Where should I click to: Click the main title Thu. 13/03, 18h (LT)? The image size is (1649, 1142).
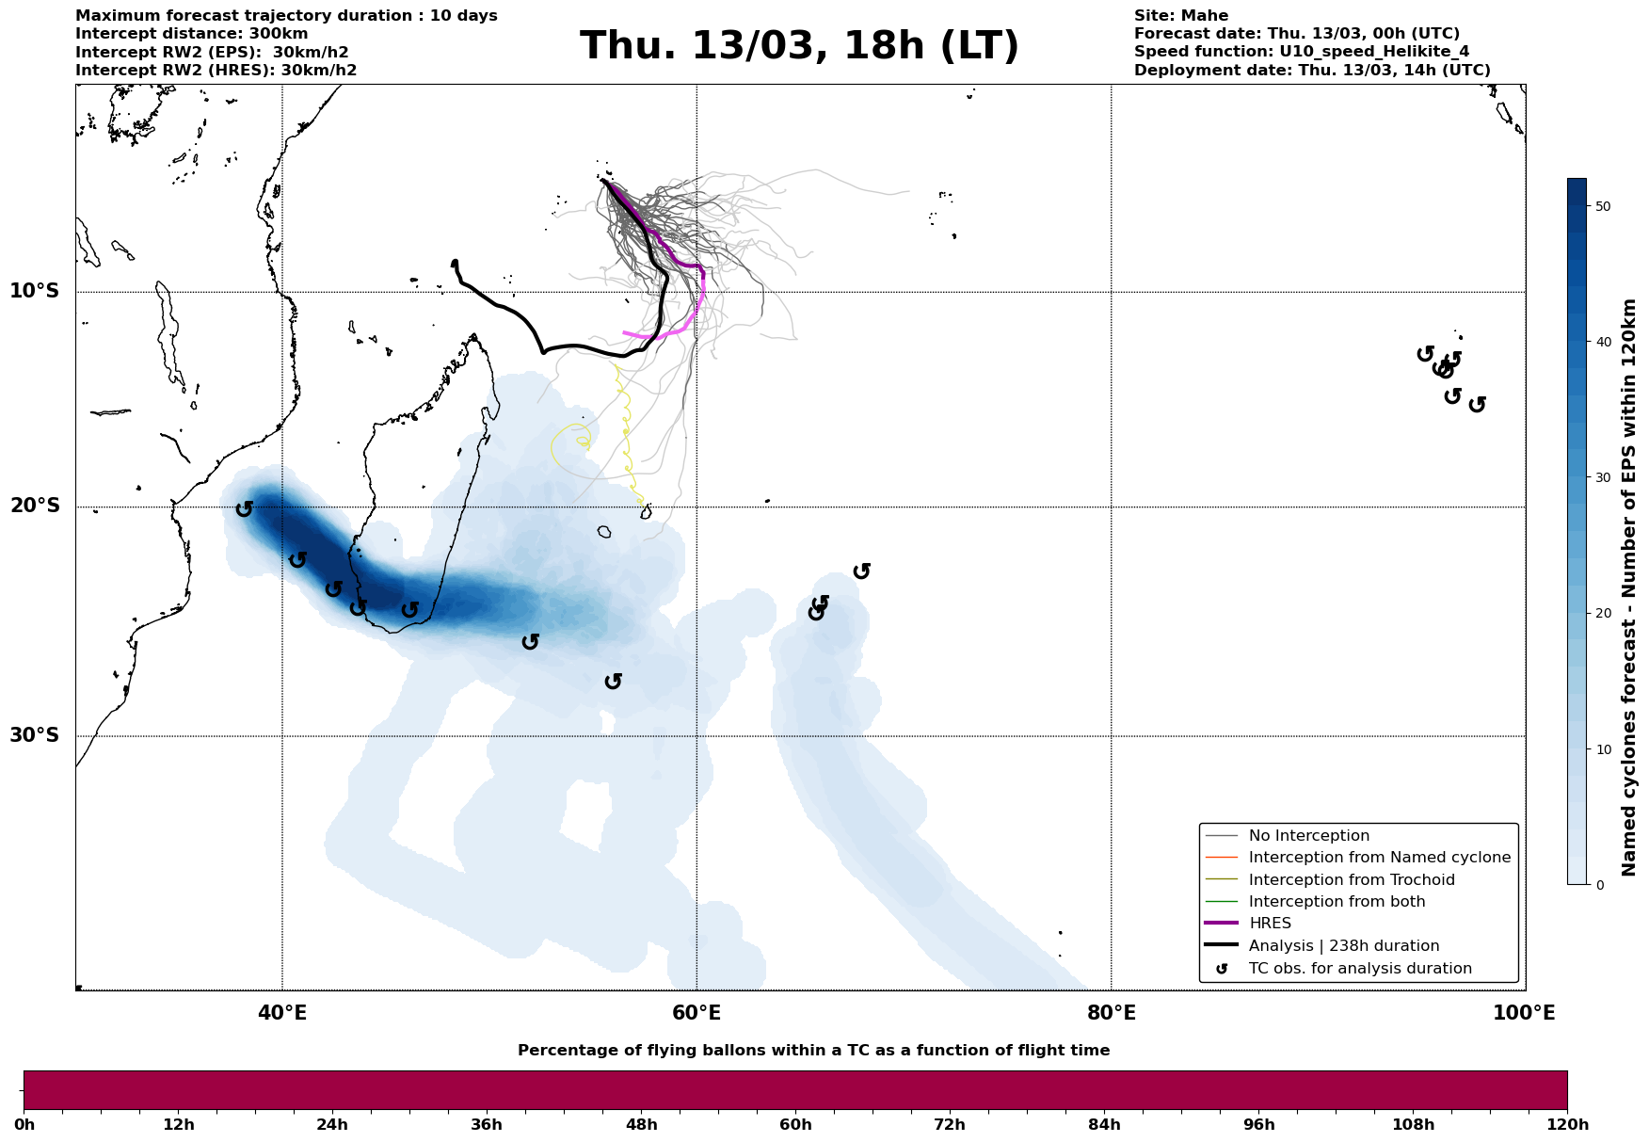(799, 46)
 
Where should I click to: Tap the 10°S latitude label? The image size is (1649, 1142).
(35, 291)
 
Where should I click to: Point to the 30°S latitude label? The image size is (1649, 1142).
(35, 735)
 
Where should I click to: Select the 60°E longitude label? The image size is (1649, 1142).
(696, 1014)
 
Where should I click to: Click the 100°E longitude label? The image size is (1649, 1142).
(1524, 1014)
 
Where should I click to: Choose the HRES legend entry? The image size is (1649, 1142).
(1270, 924)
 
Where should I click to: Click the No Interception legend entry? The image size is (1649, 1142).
(1308, 836)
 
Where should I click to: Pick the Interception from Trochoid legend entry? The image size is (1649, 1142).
(1351, 880)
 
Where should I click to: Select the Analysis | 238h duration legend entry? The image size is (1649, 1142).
(1343, 946)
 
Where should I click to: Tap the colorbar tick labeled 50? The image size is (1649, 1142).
(1604, 206)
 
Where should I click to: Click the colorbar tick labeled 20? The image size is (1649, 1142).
(1604, 614)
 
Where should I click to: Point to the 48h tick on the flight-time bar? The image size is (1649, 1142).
(641, 1125)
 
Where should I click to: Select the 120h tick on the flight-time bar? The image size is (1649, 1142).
(1566, 1125)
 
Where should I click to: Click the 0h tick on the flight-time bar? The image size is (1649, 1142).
(24, 1125)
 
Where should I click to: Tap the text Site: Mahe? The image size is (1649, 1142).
(1180, 16)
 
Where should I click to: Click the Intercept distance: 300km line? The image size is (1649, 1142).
(191, 34)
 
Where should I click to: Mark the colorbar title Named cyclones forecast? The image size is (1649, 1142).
(1629, 587)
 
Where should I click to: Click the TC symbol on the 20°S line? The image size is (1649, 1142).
(244, 508)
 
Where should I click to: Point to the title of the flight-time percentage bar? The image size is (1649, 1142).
(813, 1051)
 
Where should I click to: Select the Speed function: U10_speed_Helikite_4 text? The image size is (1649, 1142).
(1301, 52)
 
